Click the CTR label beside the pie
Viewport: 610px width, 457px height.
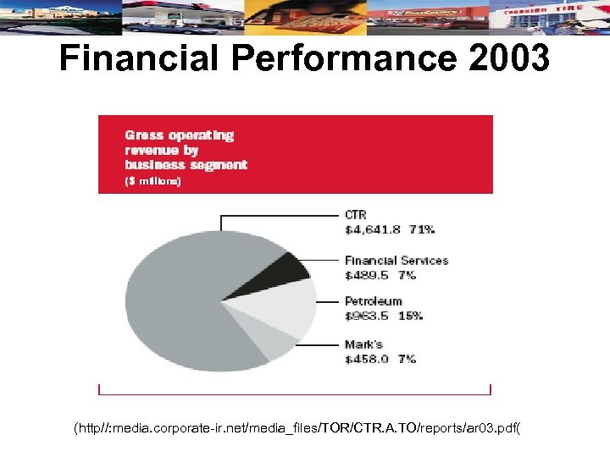[x=356, y=215]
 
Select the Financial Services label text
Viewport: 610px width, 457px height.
[x=396, y=261]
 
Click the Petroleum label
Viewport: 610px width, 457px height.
[x=373, y=301]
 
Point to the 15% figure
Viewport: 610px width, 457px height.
[x=410, y=316]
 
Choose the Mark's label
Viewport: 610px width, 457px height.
[x=363, y=344]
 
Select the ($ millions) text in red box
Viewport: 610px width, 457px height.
[x=152, y=181]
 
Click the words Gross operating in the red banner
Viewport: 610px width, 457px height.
[x=179, y=135]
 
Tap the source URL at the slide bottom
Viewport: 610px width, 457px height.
[x=297, y=428]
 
